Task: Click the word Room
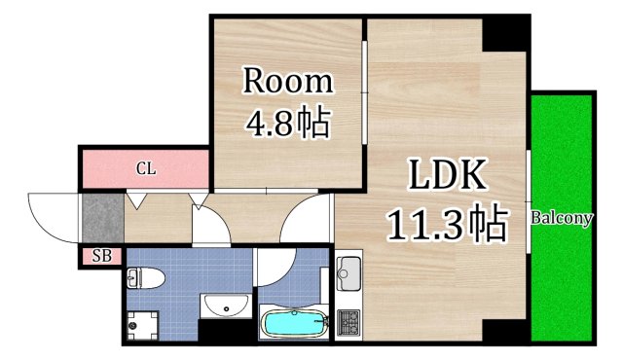[287, 81]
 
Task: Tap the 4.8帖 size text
[287, 125]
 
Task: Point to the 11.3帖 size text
[447, 225]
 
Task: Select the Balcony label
[561, 218]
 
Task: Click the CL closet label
[145, 169]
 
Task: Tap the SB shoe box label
[101, 257]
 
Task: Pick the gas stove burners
[348, 323]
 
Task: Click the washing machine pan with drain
[143, 323]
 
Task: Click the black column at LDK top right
[506, 35]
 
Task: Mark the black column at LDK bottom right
[506, 331]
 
